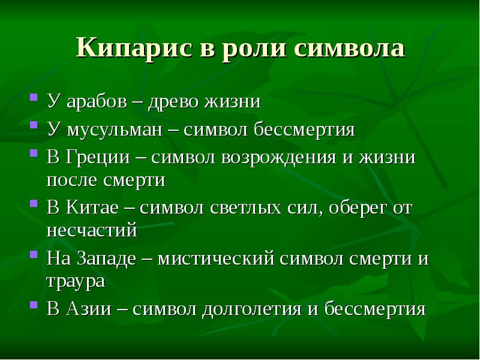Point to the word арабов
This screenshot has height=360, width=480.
pos(95,101)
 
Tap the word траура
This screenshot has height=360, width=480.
pos(76,281)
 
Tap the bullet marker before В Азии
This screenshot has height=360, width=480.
pos(34,307)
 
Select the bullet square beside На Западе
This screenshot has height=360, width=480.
pos(34,257)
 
